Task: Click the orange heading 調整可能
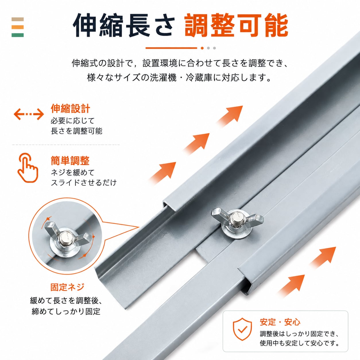(236, 26)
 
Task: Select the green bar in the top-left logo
(18, 35)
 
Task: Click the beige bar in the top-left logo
(18, 19)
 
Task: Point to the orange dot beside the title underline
(202, 48)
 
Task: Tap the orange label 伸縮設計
(70, 109)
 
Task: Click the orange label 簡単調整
(70, 160)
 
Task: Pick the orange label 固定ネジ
(67, 287)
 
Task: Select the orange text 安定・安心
(280, 322)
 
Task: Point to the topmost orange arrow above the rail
(229, 116)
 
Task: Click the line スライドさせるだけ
(84, 182)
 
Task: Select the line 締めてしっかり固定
(66, 311)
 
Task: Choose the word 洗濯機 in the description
(163, 78)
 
